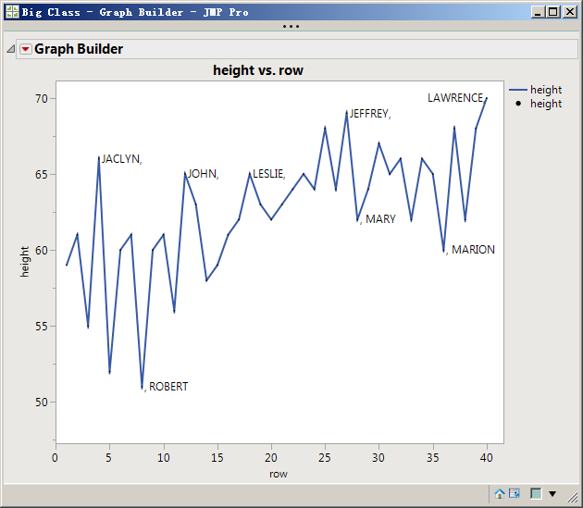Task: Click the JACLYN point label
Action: pos(121,159)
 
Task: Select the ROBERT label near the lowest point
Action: pos(167,387)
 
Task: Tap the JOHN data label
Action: pos(203,174)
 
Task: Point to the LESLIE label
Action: pos(268,174)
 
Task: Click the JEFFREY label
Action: pos(369,114)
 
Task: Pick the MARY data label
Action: pos(379,219)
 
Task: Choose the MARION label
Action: pos(472,250)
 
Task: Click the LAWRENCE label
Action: pos(455,98)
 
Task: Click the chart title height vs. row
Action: pos(258,70)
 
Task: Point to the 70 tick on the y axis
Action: pos(42,98)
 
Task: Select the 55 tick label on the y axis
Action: pos(42,326)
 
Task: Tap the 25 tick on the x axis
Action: pos(325,456)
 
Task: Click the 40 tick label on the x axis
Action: pos(487,456)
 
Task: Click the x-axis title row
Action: pos(279,474)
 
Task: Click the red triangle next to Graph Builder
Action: pos(25,49)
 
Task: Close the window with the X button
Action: pos(568,12)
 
